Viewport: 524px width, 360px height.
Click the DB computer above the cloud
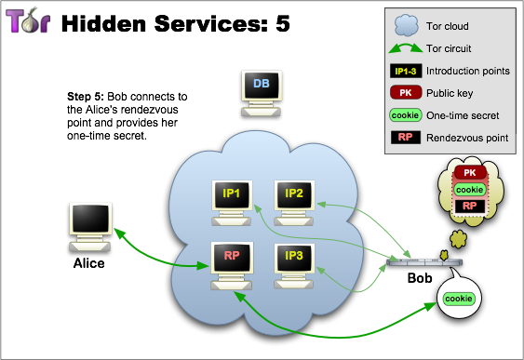pyautogui.click(x=262, y=93)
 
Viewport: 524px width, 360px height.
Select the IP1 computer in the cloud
pyautogui.click(x=232, y=203)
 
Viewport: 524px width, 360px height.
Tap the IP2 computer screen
pyautogui.click(x=294, y=194)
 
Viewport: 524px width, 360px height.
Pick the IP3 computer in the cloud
pyautogui.click(x=294, y=266)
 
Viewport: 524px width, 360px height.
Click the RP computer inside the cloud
pyautogui.click(x=232, y=266)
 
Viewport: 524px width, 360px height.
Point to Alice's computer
pyautogui.click(x=90, y=227)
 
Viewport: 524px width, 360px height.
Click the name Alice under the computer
pyautogui.click(x=89, y=263)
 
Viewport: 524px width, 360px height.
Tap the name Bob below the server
pyautogui.click(x=420, y=278)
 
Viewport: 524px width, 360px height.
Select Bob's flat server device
pyautogui.click(x=424, y=262)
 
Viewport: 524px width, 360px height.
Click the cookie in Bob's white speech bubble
pyautogui.click(x=459, y=299)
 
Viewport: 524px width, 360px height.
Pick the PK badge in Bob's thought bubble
pyautogui.click(x=469, y=173)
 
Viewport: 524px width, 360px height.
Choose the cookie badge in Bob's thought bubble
pyautogui.click(x=469, y=190)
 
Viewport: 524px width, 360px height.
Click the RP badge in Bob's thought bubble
pyautogui.click(x=469, y=206)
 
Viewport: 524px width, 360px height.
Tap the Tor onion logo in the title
pyautogui.click(x=28, y=20)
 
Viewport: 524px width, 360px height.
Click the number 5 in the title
pyautogui.click(x=283, y=23)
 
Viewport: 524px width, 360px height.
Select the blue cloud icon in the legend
pyautogui.click(x=406, y=25)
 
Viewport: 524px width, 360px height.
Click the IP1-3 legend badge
pyautogui.click(x=406, y=71)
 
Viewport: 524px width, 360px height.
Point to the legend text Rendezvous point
pyautogui.click(x=467, y=138)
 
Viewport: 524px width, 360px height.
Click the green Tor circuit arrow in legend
pyautogui.click(x=406, y=47)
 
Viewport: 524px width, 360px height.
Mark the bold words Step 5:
pyautogui.click(x=86, y=97)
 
